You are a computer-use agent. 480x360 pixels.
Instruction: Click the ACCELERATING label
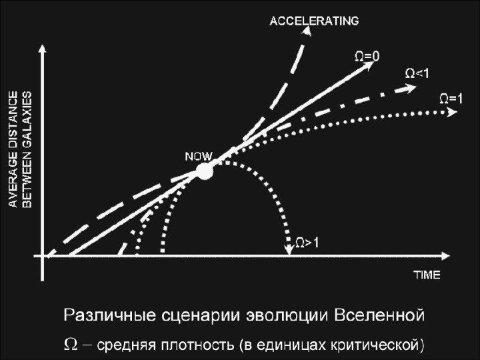(x=314, y=21)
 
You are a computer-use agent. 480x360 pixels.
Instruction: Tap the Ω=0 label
(x=367, y=57)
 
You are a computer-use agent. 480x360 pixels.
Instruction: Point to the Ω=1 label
(x=451, y=98)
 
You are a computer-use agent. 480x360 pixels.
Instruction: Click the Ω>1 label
(x=307, y=243)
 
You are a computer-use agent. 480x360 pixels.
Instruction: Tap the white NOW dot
(x=204, y=171)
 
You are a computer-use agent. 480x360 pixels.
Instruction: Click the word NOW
(x=199, y=156)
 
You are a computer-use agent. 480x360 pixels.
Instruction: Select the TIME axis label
(x=427, y=275)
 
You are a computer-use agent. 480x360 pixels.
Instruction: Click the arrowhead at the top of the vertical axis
(x=42, y=48)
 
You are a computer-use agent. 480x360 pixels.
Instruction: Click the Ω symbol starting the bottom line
(x=70, y=344)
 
